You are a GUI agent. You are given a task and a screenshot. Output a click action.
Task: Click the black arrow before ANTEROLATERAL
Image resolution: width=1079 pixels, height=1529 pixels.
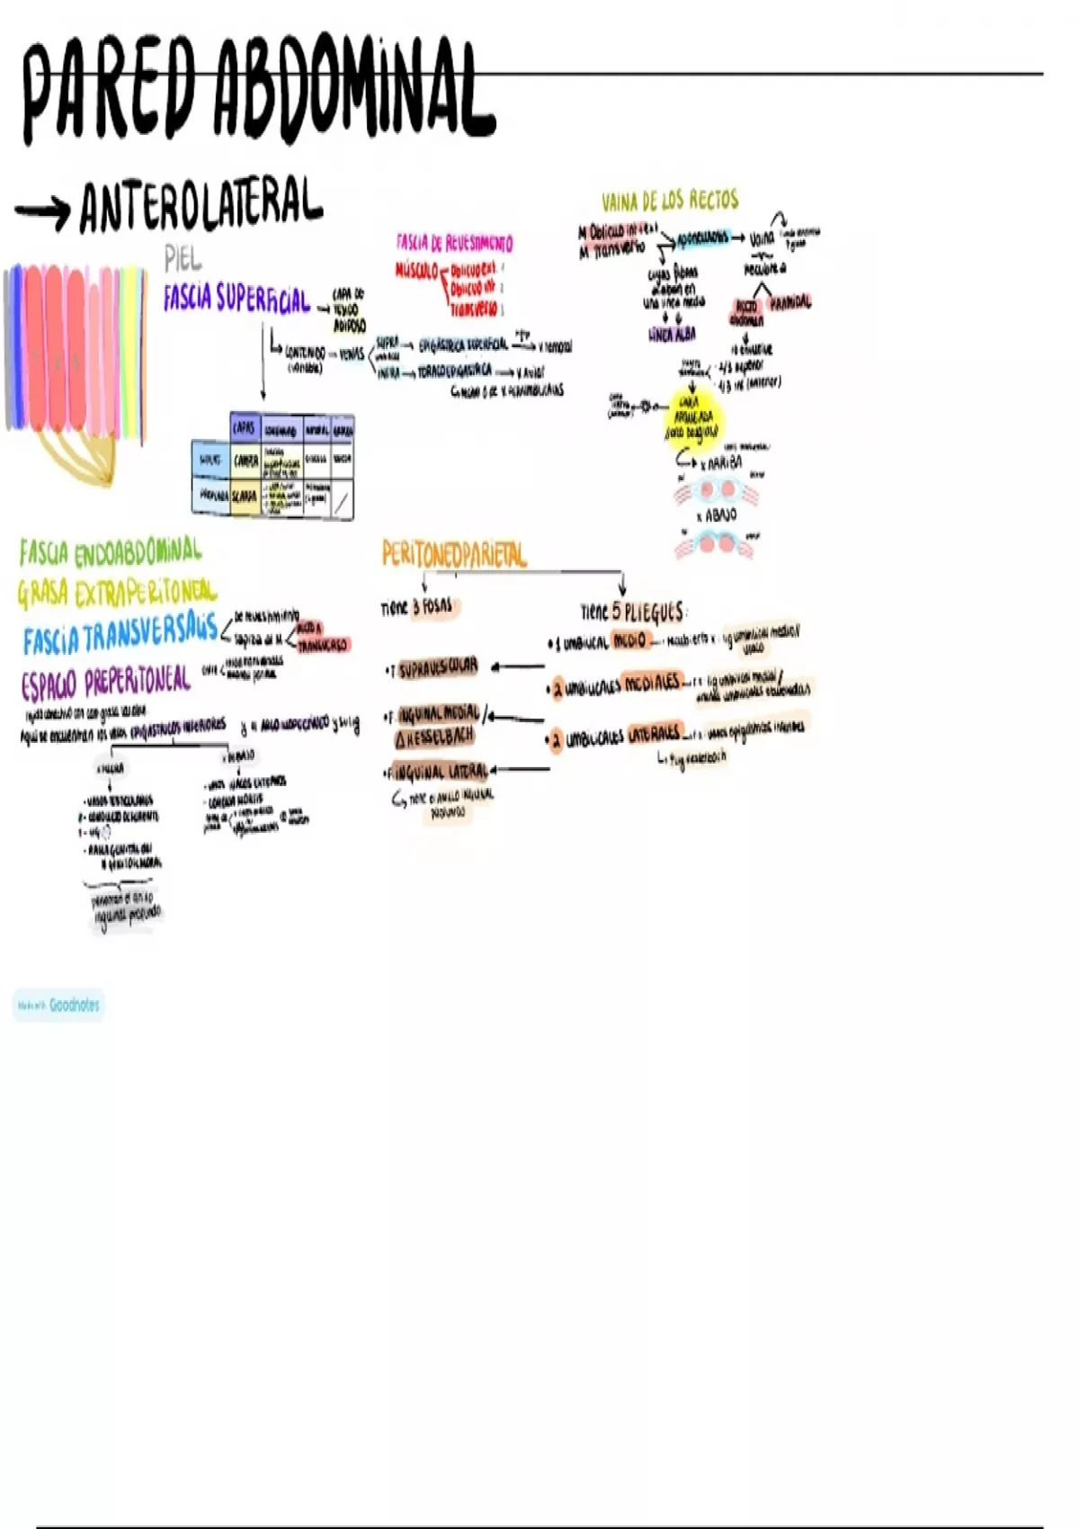[42, 211]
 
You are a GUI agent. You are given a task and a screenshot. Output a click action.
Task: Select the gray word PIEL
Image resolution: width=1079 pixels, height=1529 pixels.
[183, 259]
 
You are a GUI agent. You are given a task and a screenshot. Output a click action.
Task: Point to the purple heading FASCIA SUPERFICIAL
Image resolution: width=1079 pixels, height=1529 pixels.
[236, 299]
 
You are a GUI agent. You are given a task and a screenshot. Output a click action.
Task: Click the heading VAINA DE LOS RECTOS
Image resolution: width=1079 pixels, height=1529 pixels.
[670, 201]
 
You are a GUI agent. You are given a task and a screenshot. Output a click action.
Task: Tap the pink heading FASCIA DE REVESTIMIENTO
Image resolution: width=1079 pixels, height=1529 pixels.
[454, 243]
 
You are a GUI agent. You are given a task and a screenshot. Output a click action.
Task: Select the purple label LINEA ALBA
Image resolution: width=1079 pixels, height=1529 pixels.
[672, 335]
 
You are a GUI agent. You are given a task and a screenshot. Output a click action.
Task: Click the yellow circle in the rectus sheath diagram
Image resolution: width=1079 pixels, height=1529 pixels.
[693, 419]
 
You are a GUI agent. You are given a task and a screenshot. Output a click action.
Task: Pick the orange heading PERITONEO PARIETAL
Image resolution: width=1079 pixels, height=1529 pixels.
[454, 554]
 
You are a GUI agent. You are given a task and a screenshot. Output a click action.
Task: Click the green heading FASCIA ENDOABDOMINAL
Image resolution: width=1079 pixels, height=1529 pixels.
[111, 550]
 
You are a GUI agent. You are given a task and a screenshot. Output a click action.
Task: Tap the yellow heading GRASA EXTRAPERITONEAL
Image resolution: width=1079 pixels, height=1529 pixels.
[117, 593]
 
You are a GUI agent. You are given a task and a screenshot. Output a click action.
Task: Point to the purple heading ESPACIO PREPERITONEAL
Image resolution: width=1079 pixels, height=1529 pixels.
[105, 682]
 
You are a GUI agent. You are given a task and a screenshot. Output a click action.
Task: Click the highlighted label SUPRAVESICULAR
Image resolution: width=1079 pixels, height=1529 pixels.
[438, 668]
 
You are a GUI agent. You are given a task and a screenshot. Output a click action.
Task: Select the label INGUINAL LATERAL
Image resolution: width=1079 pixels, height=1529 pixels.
[442, 772]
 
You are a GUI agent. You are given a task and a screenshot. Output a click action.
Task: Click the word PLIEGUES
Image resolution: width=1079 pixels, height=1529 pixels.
[654, 612]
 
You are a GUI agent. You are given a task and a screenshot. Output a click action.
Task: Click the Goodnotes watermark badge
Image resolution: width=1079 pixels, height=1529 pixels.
[59, 1005]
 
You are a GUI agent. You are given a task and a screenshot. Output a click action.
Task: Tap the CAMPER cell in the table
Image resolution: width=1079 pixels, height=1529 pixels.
[245, 461]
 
